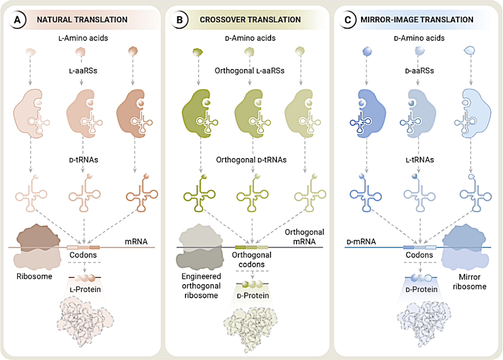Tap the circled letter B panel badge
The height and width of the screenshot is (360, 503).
181,20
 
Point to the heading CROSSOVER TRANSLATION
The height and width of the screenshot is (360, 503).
250,20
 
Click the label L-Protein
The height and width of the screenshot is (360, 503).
85,289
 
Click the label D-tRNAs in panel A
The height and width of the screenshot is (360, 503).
82,160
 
